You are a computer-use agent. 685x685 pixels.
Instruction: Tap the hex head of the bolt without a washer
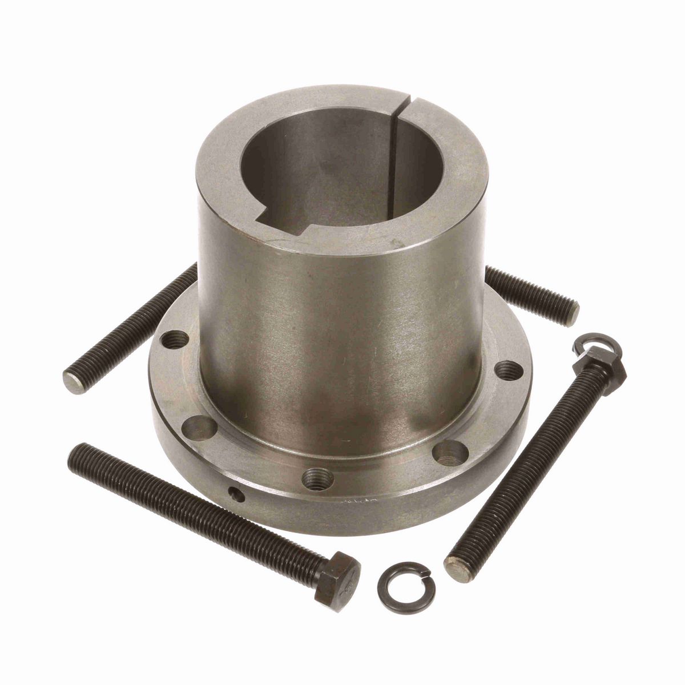(x=337, y=573)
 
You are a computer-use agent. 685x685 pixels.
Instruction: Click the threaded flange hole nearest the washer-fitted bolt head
(x=510, y=370)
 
